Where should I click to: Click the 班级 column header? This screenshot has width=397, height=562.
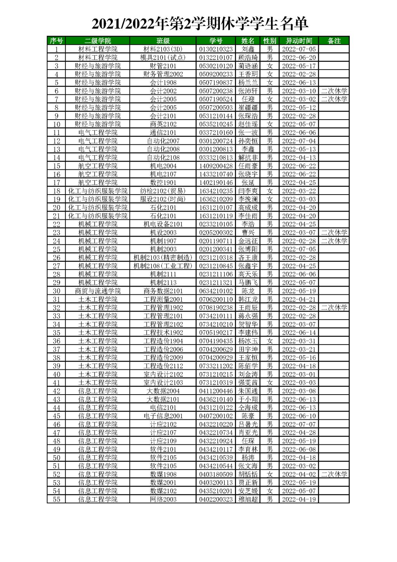(163, 41)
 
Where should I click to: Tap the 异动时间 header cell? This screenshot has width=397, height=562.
(299, 41)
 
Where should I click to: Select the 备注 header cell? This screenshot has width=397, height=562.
(334, 41)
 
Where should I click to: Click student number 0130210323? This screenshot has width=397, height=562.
(216, 49)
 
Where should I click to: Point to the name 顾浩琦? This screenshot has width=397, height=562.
(248, 57)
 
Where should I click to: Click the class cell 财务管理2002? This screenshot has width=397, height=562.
(163, 74)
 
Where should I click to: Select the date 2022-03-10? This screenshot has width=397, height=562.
(299, 91)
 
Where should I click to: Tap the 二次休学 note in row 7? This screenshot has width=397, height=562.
(334, 99)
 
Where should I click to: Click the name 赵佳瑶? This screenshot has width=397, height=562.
(248, 124)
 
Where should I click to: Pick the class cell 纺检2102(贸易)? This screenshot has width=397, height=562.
(163, 191)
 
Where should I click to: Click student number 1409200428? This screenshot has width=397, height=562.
(216, 166)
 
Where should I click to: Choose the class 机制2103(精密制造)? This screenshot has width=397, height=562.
(163, 258)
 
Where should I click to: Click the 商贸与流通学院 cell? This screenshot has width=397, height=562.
(98, 291)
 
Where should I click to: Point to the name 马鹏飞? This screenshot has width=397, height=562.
(248, 282)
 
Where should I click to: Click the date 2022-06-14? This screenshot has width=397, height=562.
(299, 332)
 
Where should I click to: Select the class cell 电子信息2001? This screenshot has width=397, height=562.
(163, 416)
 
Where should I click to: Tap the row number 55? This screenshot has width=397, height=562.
(57, 499)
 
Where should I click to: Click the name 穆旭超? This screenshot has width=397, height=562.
(248, 499)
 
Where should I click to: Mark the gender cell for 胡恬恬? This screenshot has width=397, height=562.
(270, 474)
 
